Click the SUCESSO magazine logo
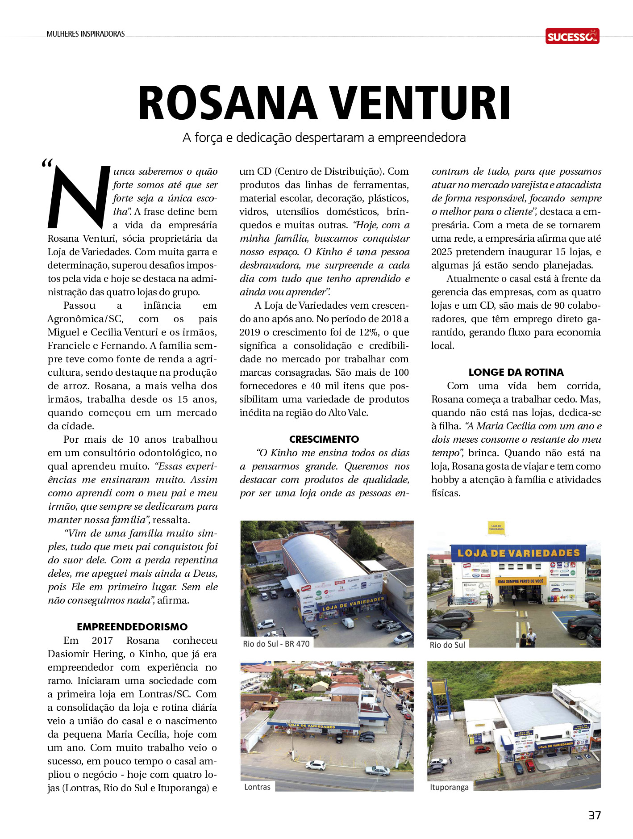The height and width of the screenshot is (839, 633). coord(572,36)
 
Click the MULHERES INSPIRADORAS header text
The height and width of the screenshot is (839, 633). coord(86,34)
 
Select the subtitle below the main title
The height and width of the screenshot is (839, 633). coord(324,138)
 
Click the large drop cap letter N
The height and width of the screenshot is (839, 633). coord(79,197)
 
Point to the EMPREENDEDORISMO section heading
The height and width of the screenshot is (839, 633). coord(132,627)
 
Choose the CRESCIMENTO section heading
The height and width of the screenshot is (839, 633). coord(324,439)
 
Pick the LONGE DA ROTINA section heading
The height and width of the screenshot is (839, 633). coord(516,372)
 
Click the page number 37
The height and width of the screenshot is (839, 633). coord(594,815)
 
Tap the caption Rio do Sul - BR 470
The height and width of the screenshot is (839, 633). coord(276,644)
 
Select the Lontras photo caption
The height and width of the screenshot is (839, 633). coord(257,787)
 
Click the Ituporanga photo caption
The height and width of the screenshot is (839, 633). coord(449,787)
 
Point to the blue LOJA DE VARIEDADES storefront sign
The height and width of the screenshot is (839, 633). coord(518,553)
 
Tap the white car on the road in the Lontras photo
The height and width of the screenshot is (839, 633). coord(315,765)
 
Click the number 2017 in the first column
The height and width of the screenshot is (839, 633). coord(102,640)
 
